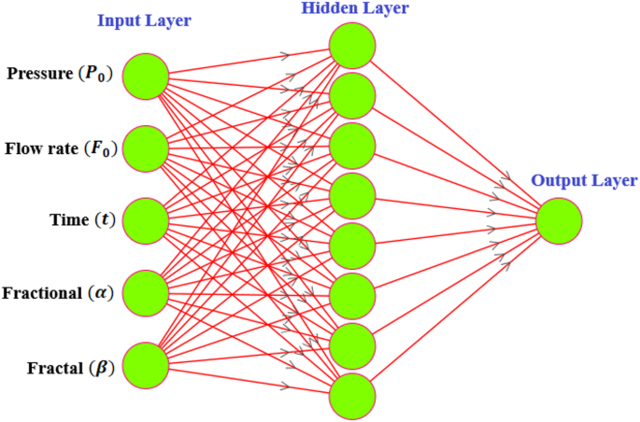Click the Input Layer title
pos(146,21)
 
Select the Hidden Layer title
pos(343,8)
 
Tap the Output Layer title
pos(584,180)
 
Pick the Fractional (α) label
pos(58,293)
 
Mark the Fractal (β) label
pos(71,366)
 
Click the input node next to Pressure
pos(146,76)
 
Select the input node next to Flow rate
pos(146,148)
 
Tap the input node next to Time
pos(146,221)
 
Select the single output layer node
pos(560,221)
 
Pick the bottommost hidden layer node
pos(353,396)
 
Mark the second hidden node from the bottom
pos(353,345)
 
